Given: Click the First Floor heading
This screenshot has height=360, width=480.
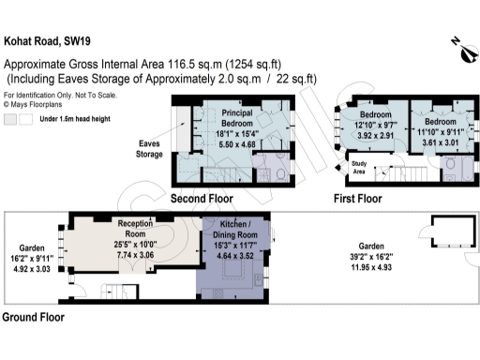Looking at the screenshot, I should (358, 199).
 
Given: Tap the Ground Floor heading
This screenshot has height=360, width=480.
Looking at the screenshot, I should (33, 318).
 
